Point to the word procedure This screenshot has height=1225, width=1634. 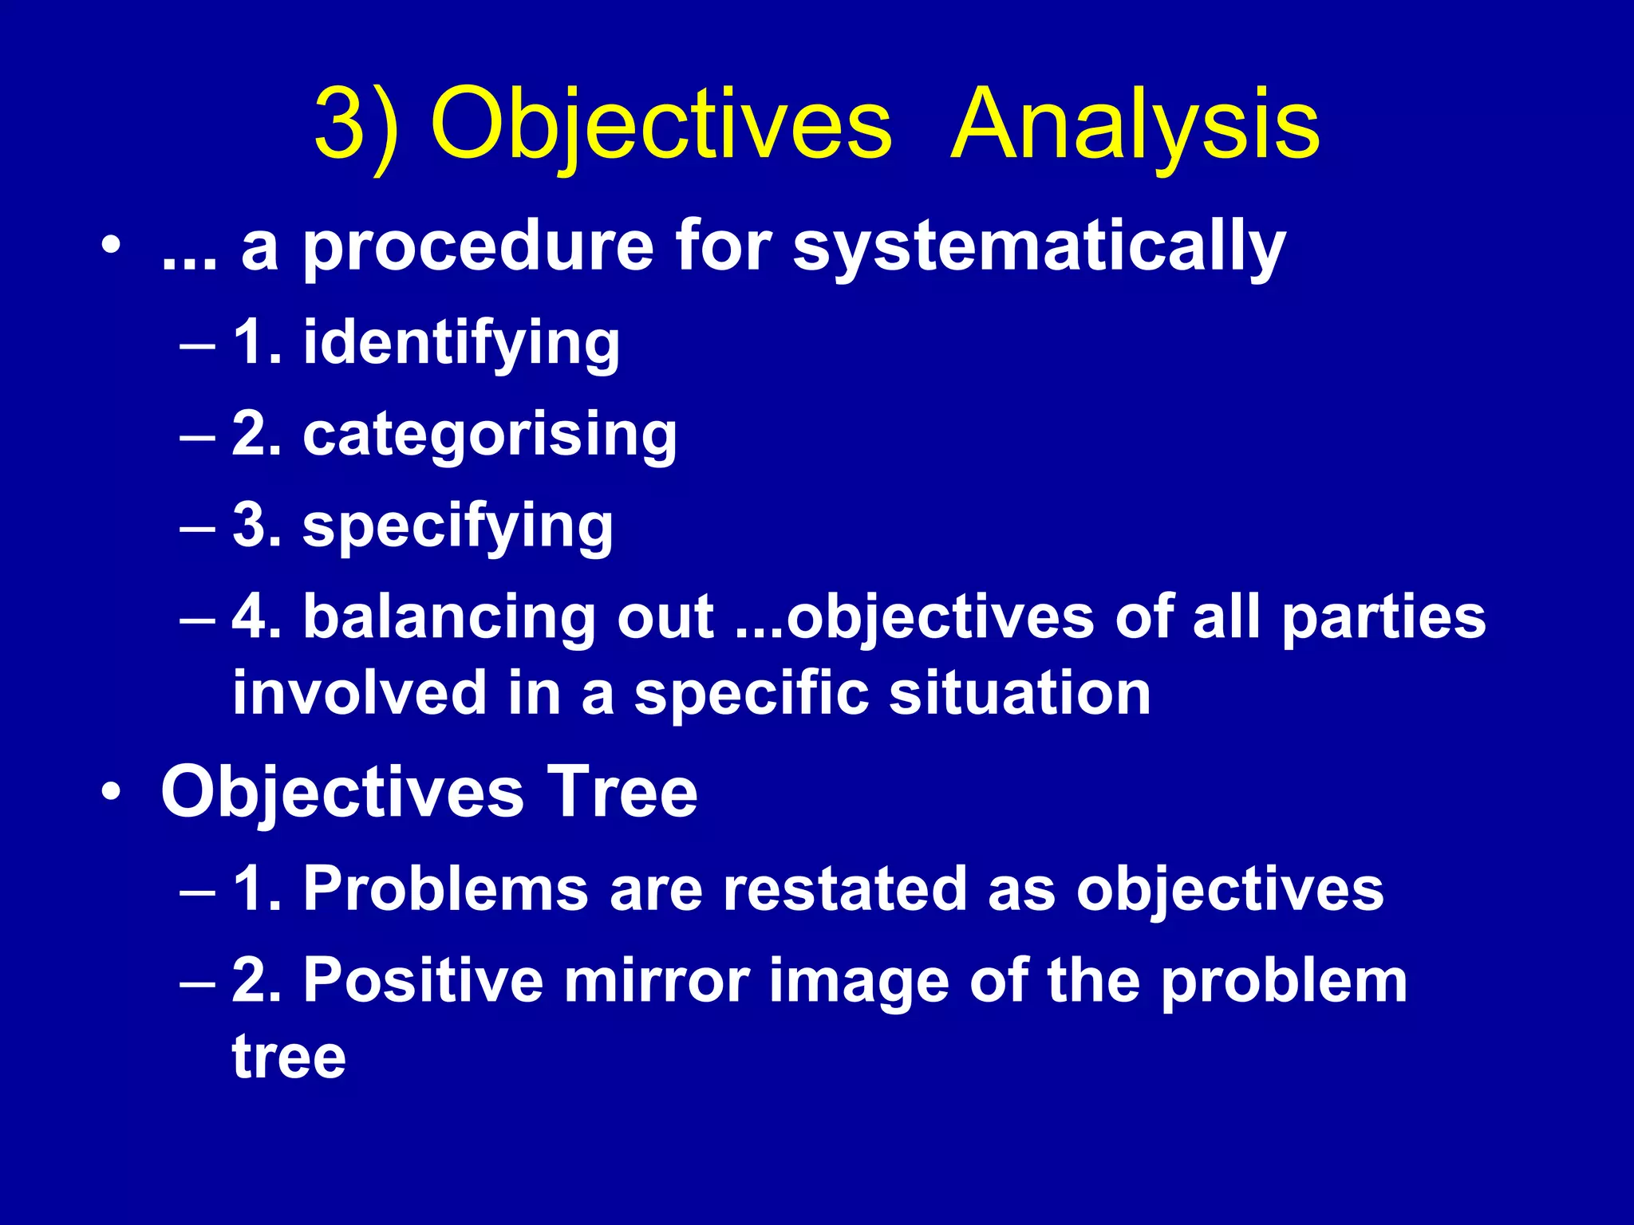pyautogui.click(x=479, y=249)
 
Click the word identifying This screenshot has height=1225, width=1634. pyautogui.click(x=461, y=344)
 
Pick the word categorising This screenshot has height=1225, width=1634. pyautogui.click(x=490, y=436)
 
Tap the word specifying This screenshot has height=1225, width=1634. pyautogui.click(x=458, y=527)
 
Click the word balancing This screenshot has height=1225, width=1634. pyautogui.click(x=449, y=618)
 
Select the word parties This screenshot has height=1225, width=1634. pyautogui.click(x=1383, y=618)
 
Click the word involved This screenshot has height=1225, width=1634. pyautogui.click(x=359, y=691)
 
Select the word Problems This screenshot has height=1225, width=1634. pyautogui.click(x=446, y=888)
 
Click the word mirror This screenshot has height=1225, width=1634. pyautogui.click(x=657, y=980)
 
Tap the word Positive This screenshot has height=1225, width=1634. pyautogui.click(x=423, y=980)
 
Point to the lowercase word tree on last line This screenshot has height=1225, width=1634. pyautogui.click(x=289, y=1056)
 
